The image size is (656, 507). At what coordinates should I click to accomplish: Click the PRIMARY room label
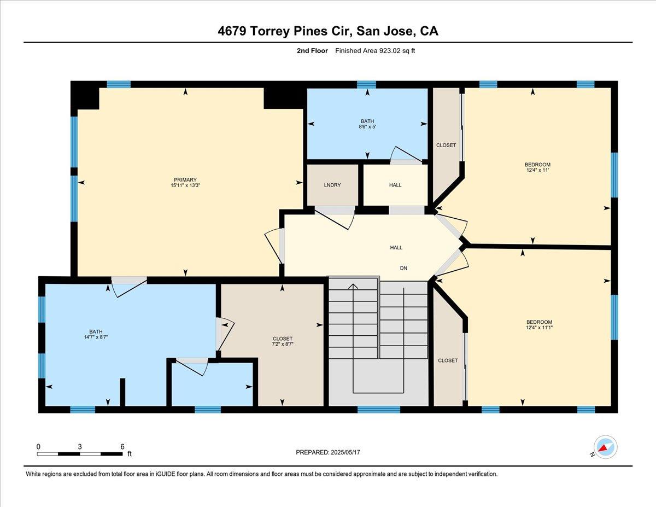click(x=185, y=180)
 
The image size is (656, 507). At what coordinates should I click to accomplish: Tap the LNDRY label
click(x=332, y=185)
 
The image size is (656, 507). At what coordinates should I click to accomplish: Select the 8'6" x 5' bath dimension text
click(x=367, y=127)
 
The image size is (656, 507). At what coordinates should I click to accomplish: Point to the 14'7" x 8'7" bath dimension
click(x=96, y=337)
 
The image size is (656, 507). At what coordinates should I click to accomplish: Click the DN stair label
click(x=403, y=268)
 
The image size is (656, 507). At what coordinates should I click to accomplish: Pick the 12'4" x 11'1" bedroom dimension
click(x=539, y=327)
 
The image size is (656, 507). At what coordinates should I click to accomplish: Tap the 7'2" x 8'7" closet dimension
click(x=282, y=344)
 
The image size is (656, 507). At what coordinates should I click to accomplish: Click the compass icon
click(x=605, y=447)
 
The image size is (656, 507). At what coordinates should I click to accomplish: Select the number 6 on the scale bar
click(x=122, y=447)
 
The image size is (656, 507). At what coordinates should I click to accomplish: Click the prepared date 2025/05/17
click(x=345, y=452)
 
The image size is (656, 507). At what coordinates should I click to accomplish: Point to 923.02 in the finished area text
click(x=390, y=51)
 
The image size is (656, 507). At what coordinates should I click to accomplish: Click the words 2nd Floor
click(x=312, y=51)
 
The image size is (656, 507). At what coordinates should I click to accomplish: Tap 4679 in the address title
click(x=232, y=31)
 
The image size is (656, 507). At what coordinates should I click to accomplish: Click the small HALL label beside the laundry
click(x=395, y=185)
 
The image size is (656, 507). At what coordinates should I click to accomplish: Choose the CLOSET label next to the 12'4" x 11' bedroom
click(x=446, y=145)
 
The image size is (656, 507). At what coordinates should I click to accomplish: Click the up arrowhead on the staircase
click(x=353, y=286)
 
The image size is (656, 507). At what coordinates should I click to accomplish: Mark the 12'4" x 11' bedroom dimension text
click(x=537, y=170)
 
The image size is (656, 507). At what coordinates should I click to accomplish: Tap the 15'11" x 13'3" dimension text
click(x=185, y=185)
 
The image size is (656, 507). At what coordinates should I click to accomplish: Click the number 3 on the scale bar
click(x=80, y=447)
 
